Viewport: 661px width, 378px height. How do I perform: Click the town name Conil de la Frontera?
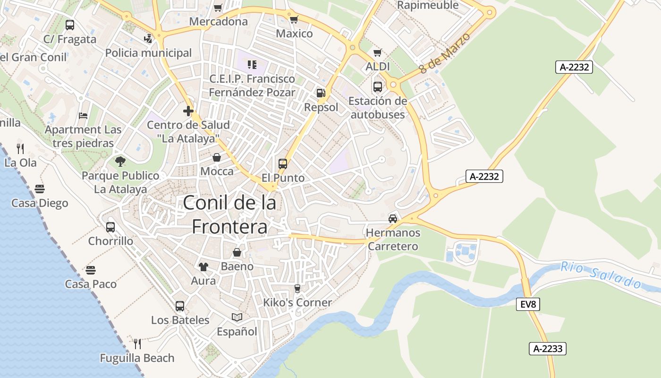point(229,215)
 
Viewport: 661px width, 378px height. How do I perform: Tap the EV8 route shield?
point(527,305)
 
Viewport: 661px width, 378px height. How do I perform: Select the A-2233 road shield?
point(547,349)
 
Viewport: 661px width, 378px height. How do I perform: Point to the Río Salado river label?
point(601,275)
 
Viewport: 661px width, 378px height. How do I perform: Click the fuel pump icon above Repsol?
point(321,93)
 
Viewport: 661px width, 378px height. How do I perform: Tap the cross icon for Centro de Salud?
point(188,112)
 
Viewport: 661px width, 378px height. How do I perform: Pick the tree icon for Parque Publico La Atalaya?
point(120,162)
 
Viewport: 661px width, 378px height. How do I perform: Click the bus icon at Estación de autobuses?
point(377,87)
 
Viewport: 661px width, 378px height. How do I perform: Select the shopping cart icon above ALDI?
point(377,53)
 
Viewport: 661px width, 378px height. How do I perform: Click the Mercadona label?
point(218,22)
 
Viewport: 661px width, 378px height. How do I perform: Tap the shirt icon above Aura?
point(203,267)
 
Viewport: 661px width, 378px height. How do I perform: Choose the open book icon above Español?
point(237,318)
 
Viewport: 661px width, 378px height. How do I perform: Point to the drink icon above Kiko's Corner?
point(297,288)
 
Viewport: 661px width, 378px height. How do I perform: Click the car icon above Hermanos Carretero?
point(393,218)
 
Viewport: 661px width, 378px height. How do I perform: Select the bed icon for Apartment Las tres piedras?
point(83,116)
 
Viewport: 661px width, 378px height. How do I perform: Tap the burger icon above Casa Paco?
point(91,270)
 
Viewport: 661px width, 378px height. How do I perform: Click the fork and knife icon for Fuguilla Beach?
point(137,344)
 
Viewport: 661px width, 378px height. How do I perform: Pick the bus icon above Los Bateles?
point(180,306)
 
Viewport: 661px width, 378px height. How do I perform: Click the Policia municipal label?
point(148,53)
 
